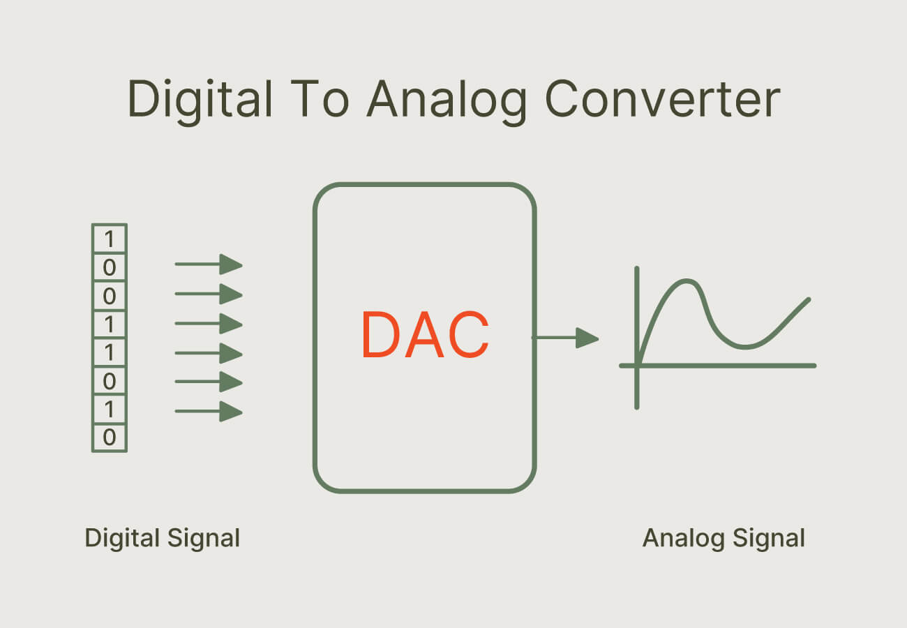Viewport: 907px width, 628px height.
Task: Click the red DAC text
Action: [x=425, y=334]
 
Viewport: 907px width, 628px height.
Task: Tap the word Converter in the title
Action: [x=662, y=99]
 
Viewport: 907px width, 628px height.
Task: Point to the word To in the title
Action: [x=320, y=98]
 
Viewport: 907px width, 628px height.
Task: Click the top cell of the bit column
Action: [x=110, y=239]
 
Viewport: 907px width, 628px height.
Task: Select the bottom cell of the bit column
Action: [x=110, y=438]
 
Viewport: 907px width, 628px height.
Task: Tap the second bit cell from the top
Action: [x=110, y=267]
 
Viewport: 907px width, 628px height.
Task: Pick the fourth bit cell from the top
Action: [x=110, y=324]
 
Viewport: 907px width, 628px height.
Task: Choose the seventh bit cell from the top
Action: [x=110, y=409]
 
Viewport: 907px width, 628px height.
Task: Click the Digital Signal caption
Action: [x=163, y=539]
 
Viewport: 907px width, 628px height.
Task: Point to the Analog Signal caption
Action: [x=724, y=539]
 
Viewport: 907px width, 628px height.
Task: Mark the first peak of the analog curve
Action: [x=686, y=281]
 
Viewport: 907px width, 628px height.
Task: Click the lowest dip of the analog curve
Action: [x=745, y=347]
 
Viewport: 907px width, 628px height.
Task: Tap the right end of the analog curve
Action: [x=809, y=299]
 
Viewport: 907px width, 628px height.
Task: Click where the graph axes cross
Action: [x=637, y=366]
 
